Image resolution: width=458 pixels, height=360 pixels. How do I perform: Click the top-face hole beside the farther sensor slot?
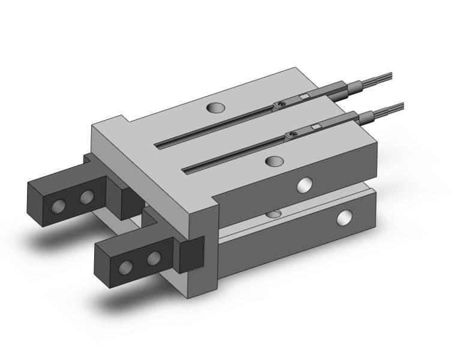point(215,108)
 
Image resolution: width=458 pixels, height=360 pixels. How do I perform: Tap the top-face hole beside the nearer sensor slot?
point(274,161)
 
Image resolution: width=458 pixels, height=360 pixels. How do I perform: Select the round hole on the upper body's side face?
point(305,185)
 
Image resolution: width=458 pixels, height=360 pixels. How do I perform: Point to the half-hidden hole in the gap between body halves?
point(273,214)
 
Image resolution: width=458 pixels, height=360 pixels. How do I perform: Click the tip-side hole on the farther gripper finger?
point(58,207)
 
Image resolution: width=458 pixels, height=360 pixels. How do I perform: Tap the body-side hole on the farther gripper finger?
point(88,196)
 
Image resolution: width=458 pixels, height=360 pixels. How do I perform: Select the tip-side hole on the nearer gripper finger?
point(127,268)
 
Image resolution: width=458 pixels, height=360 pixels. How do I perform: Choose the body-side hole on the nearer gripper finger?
point(154,258)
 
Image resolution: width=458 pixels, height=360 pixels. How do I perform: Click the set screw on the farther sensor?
point(281,106)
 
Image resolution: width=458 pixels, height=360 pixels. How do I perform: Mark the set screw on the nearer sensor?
point(293,134)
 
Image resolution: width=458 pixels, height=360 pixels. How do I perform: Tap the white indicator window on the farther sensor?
point(305,97)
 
